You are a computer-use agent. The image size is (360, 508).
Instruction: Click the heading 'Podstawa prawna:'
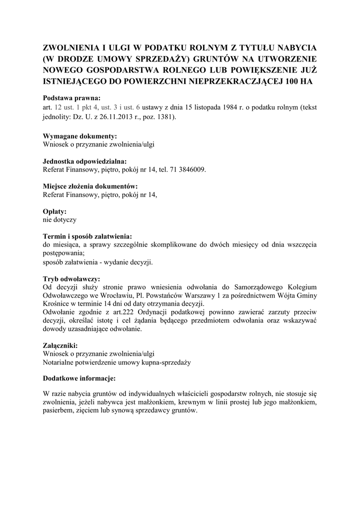72,98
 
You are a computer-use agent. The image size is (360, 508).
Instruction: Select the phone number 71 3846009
188,169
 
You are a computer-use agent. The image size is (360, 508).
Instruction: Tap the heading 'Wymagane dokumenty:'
80,135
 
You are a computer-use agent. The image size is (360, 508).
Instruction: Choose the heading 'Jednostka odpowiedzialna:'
85,161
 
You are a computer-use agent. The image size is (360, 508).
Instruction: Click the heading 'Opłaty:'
55,211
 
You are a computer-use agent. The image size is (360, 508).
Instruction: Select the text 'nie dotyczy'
60,219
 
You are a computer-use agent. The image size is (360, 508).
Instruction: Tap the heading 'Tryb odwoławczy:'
72,279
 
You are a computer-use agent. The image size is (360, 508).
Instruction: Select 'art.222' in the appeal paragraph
123,313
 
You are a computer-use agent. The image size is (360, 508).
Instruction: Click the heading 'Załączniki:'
60,345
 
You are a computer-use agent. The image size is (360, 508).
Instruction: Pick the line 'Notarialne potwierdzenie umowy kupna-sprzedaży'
117,362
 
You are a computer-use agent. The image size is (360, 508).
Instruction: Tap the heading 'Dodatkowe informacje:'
79,379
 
